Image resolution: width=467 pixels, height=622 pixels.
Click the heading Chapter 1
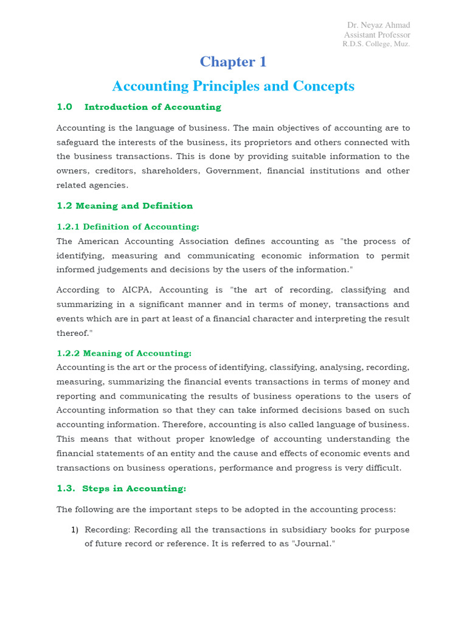pyautogui.click(x=233, y=62)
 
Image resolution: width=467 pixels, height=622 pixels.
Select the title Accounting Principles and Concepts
pyautogui.click(x=233, y=86)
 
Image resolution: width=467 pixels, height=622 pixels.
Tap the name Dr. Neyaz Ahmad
pyautogui.click(x=378, y=25)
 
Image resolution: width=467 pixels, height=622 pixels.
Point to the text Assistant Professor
pyautogui.click(x=377, y=35)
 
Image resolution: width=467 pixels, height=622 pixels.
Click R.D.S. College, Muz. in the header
pyautogui.click(x=376, y=44)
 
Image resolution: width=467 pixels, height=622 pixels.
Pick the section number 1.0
pyautogui.click(x=64, y=107)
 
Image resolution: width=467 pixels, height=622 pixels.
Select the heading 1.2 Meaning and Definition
pyautogui.click(x=125, y=206)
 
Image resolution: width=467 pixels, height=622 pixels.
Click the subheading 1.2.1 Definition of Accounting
pyautogui.click(x=128, y=227)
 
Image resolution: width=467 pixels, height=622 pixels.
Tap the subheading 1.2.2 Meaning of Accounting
pyautogui.click(x=124, y=353)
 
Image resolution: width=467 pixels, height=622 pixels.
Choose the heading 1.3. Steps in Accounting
pyautogui.click(x=122, y=488)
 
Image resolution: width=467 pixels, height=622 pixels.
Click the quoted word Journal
pyautogui.click(x=313, y=544)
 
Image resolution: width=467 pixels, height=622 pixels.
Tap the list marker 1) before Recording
pyautogui.click(x=75, y=530)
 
